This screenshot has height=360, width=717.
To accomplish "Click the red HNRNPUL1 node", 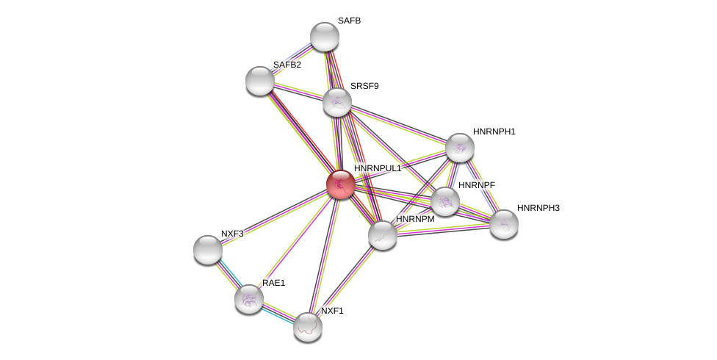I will [x=341, y=184].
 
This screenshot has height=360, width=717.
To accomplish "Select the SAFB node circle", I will [x=325, y=37].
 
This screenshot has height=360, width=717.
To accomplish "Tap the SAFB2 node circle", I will [x=260, y=81].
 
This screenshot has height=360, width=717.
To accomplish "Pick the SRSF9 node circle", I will [x=337, y=102].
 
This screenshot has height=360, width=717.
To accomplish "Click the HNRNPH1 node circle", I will [x=460, y=148].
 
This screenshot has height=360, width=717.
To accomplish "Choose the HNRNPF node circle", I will [x=445, y=201].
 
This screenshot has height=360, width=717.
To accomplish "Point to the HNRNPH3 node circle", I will [x=504, y=224].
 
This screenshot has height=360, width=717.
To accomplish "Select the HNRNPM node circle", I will [x=383, y=235].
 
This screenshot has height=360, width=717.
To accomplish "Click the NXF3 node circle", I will [x=208, y=250].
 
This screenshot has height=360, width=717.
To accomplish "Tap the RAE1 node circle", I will [x=249, y=299].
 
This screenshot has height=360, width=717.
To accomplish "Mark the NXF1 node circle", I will [x=308, y=327].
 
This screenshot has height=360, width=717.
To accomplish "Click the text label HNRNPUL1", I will [x=378, y=168].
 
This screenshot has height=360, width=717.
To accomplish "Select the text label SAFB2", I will [x=287, y=65].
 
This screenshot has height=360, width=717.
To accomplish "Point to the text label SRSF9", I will [x=364, y=86].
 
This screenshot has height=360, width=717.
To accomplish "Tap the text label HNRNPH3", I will [x=538, y=208].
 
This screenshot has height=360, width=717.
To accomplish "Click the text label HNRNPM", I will [x=415, y=219].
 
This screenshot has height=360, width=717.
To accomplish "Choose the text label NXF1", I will [x=332, y=311].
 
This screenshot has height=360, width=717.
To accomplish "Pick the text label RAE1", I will [x=273, y=283].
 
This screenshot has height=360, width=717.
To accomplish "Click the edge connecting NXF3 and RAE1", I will [x=228, y=274].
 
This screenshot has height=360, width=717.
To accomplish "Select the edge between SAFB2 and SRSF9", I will [x=299, y=92].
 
